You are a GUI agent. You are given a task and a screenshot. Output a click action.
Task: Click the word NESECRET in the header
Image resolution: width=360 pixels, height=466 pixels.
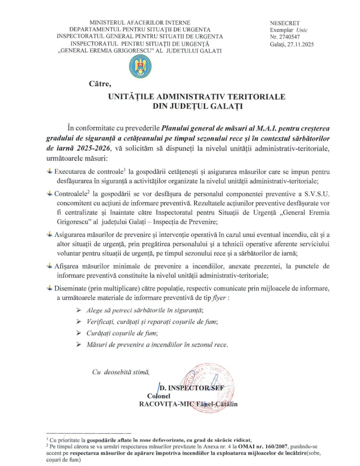285,23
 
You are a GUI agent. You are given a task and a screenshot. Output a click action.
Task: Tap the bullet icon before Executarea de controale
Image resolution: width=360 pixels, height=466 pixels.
50,172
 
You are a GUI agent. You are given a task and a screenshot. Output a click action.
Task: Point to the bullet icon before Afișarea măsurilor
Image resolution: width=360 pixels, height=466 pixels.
50,266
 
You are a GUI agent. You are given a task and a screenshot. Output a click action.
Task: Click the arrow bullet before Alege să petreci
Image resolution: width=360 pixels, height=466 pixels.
79,310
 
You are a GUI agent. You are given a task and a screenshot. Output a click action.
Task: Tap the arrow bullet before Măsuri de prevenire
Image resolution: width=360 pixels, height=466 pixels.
79,345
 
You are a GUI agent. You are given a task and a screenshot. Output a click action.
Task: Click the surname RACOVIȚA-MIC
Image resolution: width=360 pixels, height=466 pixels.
164,404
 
